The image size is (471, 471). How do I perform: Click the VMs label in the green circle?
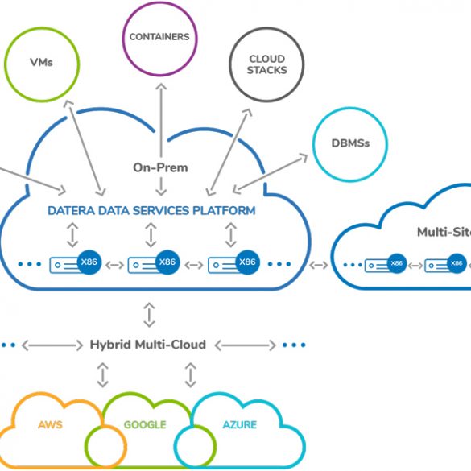click(41, 62)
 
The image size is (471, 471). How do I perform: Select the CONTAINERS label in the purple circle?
click(159, 37)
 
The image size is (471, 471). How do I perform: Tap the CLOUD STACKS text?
click(266, 64)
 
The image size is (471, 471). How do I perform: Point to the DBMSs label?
click(350, 143)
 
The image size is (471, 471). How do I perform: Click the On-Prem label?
click(160, 167)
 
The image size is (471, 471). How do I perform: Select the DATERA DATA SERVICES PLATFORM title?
click(151, 211)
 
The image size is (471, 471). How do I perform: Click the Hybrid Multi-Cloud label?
click(148, 345)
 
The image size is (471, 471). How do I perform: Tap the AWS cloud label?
click(50, 425)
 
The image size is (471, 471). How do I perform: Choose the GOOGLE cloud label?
click(145, 425)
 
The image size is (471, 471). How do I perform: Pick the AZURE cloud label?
click(240, 425)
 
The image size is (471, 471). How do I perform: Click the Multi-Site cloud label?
click(444, 232)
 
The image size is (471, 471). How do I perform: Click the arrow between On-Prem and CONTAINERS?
click(161, 120)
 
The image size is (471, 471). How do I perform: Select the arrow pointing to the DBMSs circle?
click(271, 174)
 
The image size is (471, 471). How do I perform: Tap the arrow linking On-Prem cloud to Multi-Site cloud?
click(319, 265)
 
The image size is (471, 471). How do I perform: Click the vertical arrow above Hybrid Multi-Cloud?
click(149, 315)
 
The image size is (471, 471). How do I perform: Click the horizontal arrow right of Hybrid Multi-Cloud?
click(246, 345)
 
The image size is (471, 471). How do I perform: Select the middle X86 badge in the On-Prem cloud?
click(167, 262)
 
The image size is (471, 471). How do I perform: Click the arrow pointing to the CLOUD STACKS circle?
click(229, 152)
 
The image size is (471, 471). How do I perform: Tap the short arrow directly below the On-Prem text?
click(161, 187)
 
